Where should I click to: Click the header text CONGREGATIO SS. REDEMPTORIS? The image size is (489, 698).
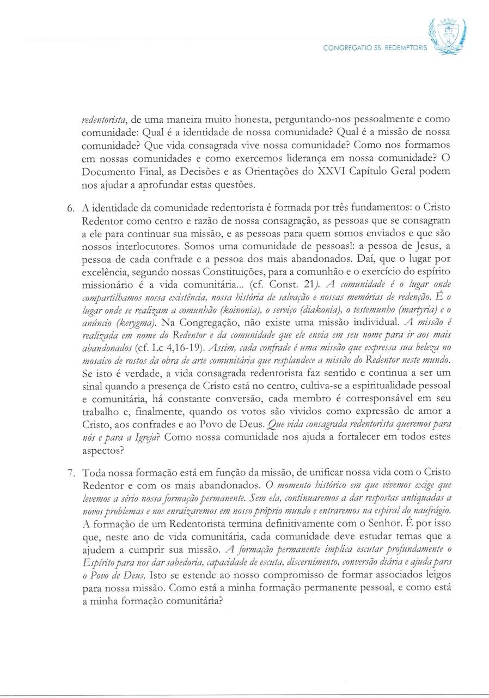point(376,48)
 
